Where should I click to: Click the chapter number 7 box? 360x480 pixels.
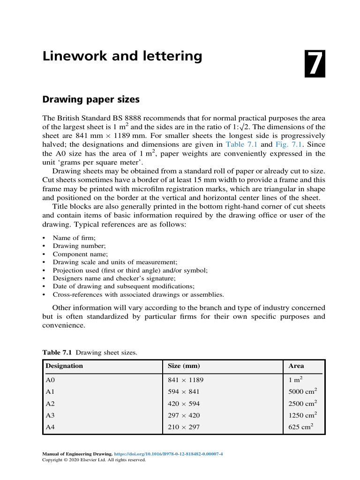point(315,63)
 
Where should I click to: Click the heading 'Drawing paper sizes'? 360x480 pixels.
point(91,100)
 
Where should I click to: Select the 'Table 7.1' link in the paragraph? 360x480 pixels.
point(240,144)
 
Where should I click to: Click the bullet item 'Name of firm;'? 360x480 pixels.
point(74,238)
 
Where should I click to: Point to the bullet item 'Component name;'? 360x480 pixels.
point(80,254)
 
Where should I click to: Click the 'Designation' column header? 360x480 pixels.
point(64,366)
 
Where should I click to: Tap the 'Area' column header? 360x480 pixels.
point(296,366)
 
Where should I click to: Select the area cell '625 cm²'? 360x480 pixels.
point(301,427)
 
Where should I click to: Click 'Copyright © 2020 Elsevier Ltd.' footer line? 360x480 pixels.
point(94,460)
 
